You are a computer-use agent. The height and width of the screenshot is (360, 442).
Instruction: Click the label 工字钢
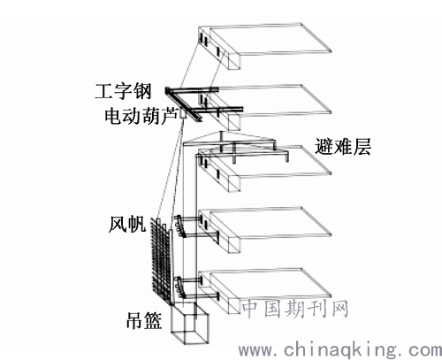(123, 91)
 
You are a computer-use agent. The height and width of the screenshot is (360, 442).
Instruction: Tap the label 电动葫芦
(141, 115)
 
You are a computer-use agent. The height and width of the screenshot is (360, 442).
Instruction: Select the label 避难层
(343, 147)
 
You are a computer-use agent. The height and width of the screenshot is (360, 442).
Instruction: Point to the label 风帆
(127, 225)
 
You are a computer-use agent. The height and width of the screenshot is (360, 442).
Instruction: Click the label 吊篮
(144, 320)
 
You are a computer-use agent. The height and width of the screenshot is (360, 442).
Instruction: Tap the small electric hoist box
(183, 114)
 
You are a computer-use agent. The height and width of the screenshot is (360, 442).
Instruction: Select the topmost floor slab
(265, 47)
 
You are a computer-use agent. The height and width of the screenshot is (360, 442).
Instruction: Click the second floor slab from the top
(265, 108)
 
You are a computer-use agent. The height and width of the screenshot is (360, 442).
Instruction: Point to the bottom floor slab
(265, 291)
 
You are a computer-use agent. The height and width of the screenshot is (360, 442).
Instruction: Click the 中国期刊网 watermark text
(295, 309)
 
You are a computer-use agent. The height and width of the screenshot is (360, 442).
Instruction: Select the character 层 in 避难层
(362, 147)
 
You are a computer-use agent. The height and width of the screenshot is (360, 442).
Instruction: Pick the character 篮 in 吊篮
(153, 320)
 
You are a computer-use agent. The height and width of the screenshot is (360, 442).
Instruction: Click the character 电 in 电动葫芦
(113, 115)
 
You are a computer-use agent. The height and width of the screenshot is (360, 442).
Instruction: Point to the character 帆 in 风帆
(137, 225)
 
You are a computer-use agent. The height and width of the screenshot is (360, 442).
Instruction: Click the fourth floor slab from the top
(265, 230)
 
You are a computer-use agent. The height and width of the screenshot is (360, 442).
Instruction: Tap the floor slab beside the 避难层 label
(265, 169)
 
